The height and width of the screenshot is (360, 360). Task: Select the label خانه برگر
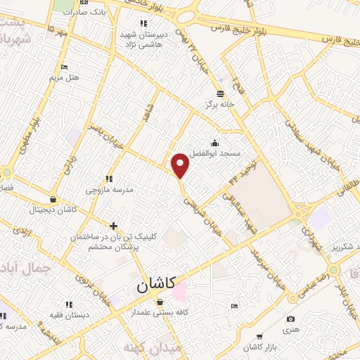pos(218,105)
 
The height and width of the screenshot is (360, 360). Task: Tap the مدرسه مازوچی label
pos(105,191)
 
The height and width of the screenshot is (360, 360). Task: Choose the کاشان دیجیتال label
pos(46,210)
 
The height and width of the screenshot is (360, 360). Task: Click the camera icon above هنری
pos(290,320)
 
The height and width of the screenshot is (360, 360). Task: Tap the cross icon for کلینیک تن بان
pos(114,226)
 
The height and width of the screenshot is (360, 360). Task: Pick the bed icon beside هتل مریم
pos(65,67)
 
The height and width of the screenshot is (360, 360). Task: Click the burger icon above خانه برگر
pos(221,94)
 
